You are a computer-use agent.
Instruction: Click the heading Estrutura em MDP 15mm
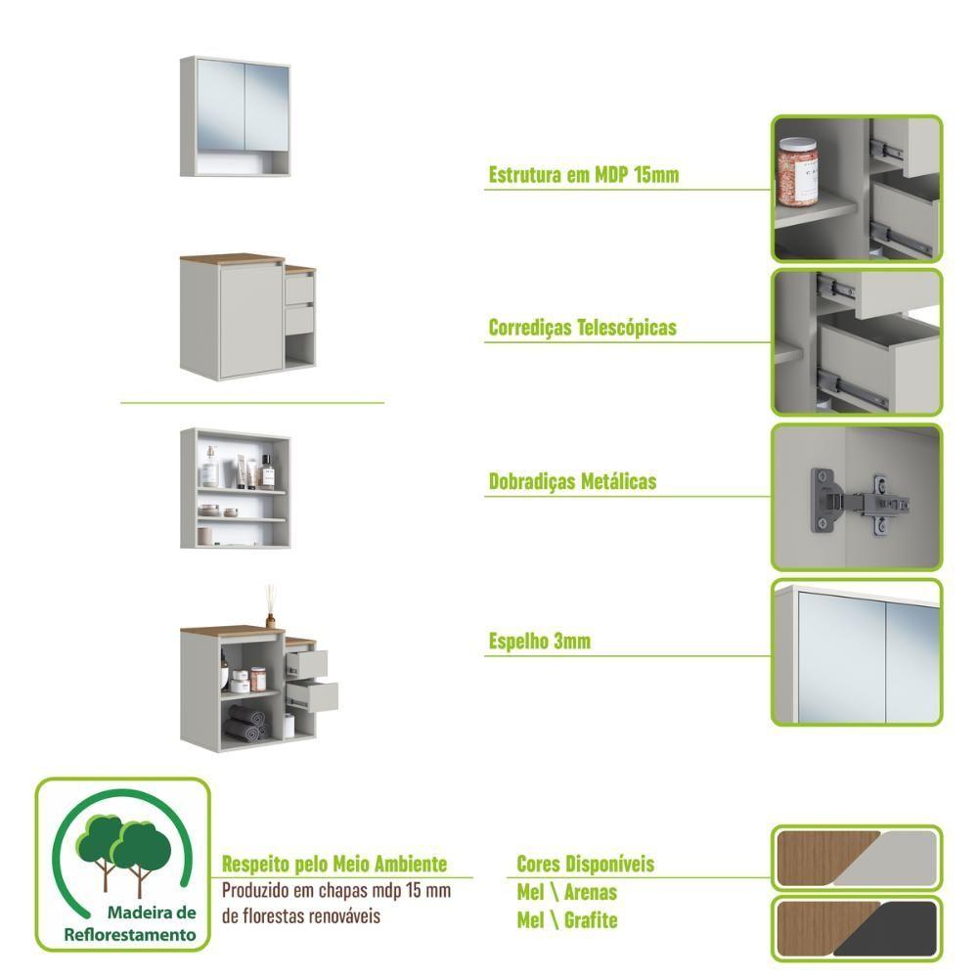[583, 175]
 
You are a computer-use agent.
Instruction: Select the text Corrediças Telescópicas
[582, 328]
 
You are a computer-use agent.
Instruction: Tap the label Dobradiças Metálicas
[572, 481]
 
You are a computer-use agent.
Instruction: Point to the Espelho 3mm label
[539, 641]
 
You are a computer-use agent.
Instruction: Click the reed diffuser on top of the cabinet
[270, 606]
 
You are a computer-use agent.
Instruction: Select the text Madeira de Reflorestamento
[130, 924]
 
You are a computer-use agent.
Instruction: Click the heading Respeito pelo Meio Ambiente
[334, 864]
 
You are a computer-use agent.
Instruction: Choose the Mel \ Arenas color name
[566, 892]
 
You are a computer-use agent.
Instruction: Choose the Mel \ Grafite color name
[567, 920]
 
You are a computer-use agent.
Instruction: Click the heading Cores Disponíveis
[585, 864]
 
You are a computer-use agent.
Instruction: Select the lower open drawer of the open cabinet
[313, 695]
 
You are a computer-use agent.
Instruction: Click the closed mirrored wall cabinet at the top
[235, 116]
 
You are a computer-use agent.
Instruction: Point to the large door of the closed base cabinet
[249, 321]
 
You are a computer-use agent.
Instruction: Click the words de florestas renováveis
[300, 916]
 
